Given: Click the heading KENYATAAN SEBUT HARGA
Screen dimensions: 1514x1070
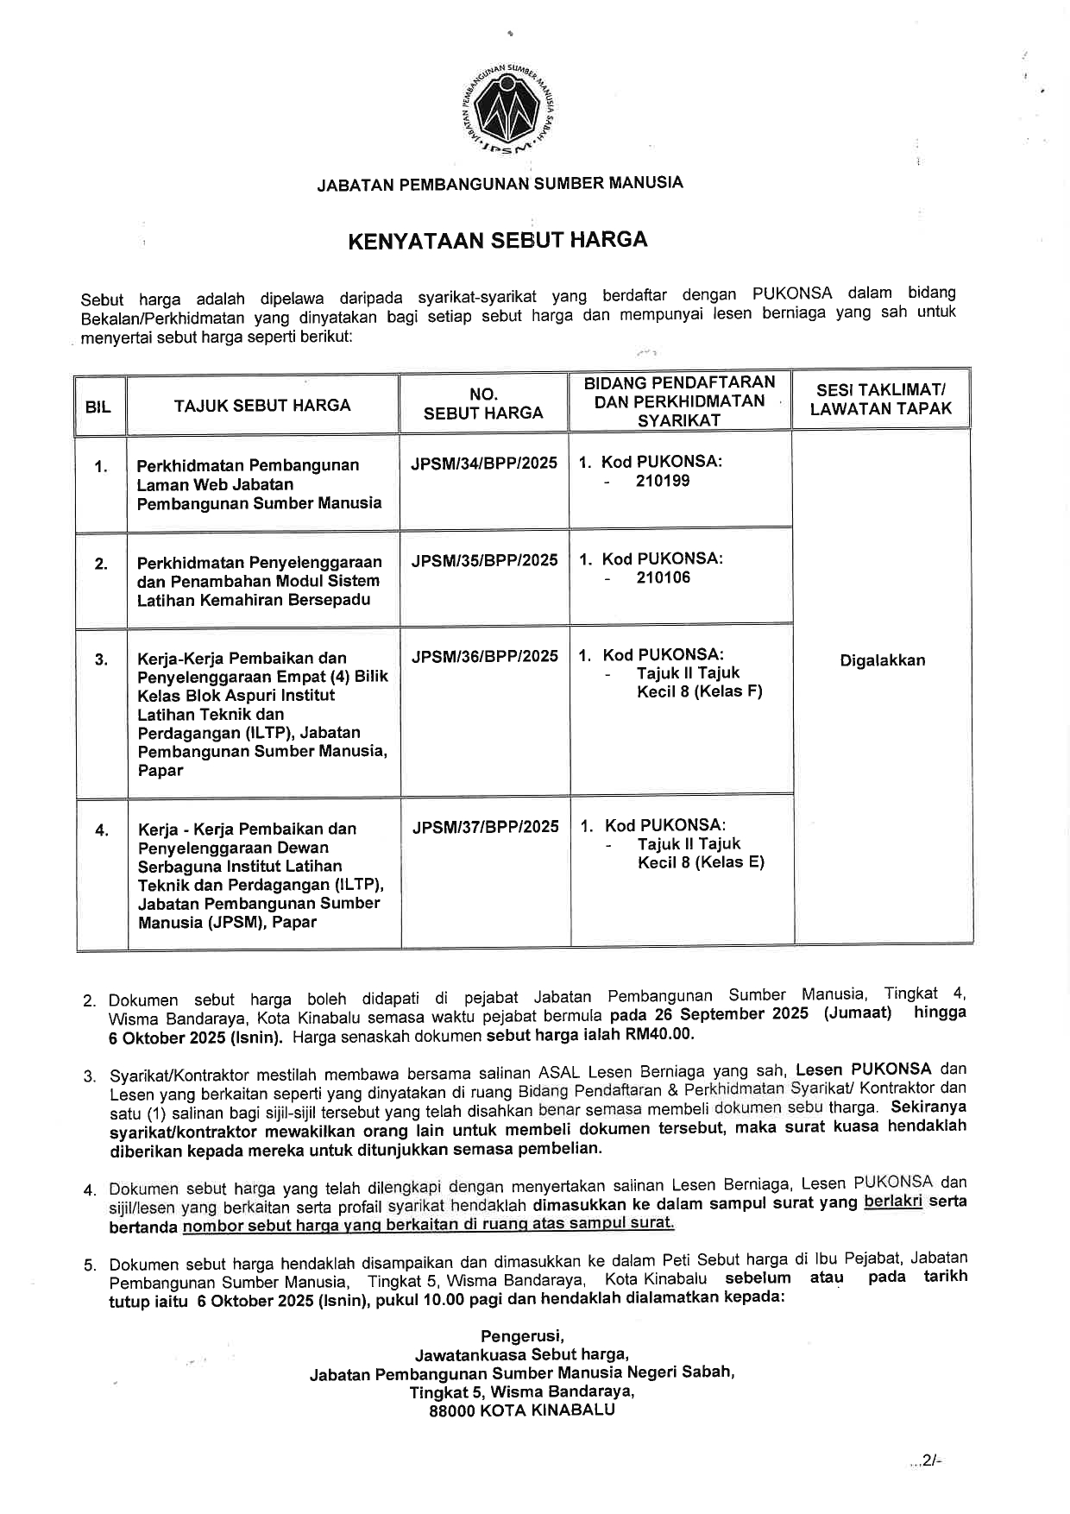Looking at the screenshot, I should tap(498, 239).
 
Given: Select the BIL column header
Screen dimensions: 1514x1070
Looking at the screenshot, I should tap(98, 406).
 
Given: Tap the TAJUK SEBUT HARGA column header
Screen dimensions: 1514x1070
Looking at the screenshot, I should tap(262, 405).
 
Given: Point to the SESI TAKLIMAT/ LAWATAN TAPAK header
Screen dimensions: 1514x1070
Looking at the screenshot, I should tap(880, 400).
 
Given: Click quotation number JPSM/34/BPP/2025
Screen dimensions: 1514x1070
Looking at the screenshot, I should tap(484, 463).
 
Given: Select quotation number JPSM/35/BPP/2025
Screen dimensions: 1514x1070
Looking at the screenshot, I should tap(484, 560).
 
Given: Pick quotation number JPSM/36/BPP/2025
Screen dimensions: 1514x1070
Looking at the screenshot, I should tap(485, 656).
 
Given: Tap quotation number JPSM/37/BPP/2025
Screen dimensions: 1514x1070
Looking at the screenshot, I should tap(485, 827).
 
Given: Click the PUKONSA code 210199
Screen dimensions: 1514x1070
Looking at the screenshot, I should tap(663, 481).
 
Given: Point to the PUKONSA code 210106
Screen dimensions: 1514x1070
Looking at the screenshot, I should tap(663, 577).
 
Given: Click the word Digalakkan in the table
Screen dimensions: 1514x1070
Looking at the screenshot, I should tap(882, 660).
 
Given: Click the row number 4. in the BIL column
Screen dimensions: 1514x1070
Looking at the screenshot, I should tap(102, 830).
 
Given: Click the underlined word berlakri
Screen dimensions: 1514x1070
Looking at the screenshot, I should tap(893, 1202).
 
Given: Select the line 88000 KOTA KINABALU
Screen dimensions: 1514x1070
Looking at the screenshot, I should tap(522, 1411).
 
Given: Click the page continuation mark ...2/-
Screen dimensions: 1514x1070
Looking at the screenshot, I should tap(924, 1460).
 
